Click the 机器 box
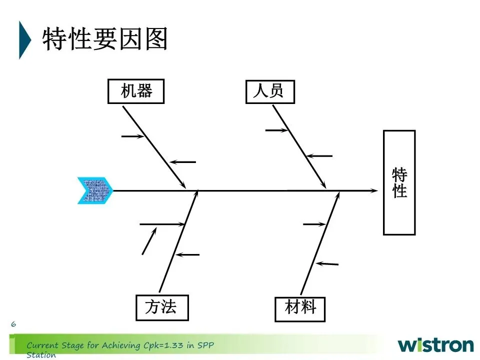pos(136,91)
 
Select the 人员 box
pos(270,91)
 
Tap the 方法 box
pos(162,307)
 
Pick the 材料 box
pos(300,308)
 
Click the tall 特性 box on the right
pos(399,182)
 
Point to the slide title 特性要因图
pos(105,39)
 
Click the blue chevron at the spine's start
pos(95,190)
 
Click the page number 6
pos(13,324)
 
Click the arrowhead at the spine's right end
pos(374,190)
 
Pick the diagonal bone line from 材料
pos(318,245)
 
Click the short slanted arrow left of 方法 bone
pos(149,241)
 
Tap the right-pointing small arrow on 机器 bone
pos(133,136)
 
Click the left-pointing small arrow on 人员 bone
pos(319,156)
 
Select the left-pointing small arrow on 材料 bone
pos(328,263)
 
